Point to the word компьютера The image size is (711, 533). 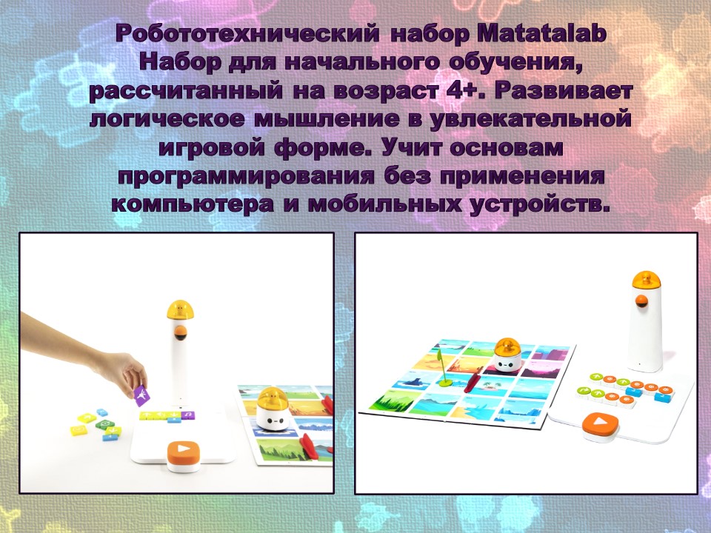193,205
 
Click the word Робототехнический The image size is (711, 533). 247,34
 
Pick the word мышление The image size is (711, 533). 326,119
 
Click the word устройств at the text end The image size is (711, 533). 538,205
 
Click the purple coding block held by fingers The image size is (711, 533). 142,395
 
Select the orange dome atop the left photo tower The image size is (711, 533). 180,310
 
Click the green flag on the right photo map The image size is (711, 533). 442,368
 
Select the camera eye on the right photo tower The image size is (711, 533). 641,301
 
